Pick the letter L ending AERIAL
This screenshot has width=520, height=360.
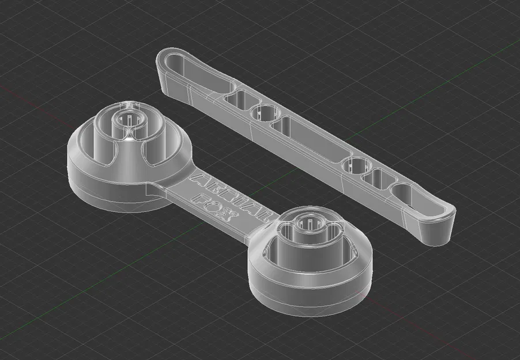point(263,214)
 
